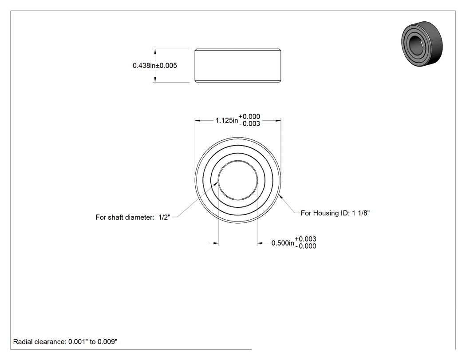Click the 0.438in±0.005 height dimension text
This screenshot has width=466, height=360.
coord(154,65)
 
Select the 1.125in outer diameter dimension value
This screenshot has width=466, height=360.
coord(227,120)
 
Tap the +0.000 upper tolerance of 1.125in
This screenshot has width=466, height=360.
coord(249,117)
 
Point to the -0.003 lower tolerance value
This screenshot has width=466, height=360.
coord(249,124)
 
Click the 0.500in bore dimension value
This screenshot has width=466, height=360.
coord(283,243)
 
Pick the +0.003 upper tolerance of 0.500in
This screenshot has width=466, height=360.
coord(305,239)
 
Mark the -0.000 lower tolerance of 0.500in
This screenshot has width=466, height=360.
coord(306,246)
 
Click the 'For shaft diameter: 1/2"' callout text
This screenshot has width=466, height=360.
coord(133,218)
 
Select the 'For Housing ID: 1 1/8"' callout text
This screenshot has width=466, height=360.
coord(335,213)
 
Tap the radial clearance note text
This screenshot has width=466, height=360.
coord(65,342)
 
